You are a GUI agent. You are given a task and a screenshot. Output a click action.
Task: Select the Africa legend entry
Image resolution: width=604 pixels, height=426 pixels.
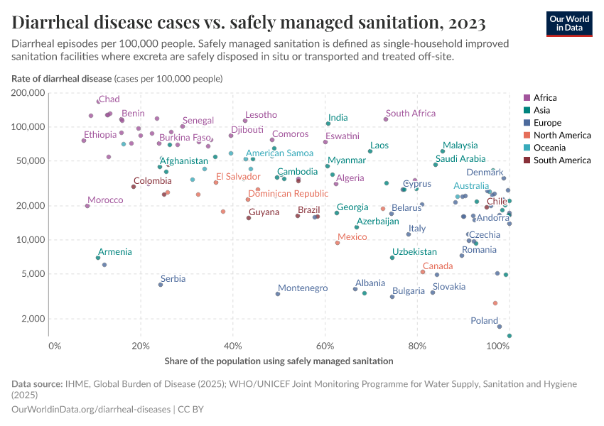[544, 98]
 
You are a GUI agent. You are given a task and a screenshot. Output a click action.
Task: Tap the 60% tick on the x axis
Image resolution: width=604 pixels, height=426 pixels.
[325, 346]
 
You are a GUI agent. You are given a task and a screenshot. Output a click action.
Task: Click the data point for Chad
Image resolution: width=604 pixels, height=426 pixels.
[99, 102]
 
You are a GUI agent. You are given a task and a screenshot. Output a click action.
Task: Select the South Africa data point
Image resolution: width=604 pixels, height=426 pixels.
[386, 119]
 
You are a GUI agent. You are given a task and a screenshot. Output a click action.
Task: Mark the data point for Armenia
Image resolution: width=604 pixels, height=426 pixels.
[98, 258]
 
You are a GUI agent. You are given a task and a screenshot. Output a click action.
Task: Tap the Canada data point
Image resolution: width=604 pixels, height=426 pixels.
[423, 272]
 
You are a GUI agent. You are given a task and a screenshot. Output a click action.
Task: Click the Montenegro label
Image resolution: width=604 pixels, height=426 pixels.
[303, 288]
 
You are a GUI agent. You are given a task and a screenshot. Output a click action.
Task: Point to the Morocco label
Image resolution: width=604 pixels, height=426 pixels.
[105, 200]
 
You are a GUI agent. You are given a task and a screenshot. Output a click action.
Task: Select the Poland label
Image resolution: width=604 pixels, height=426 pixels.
[485, 321]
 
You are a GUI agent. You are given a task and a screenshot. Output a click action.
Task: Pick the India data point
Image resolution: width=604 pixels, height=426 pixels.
[328, 124]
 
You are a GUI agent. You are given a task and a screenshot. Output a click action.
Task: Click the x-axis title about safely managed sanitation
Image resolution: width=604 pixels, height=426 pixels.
[279, 361]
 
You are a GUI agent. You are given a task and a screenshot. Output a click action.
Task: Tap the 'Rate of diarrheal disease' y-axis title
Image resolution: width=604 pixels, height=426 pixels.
[62, 78]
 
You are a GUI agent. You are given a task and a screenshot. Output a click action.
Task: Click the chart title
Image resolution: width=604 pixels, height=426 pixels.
[249, 23]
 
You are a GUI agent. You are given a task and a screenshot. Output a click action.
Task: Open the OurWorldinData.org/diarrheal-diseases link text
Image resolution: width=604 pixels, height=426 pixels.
[92, 410]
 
